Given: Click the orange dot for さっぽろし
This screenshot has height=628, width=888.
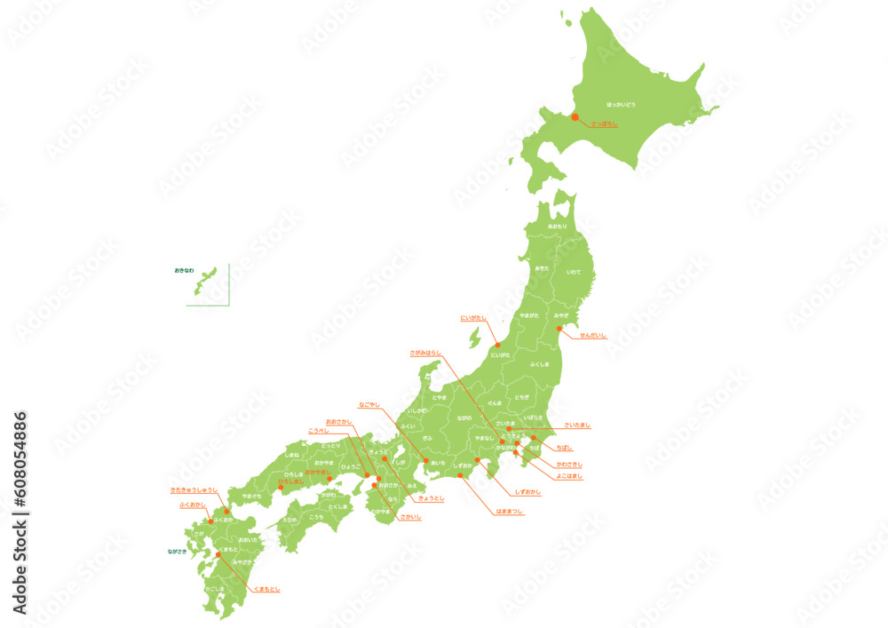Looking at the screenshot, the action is tap(575, 117).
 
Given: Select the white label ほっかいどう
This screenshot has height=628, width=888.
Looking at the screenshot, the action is tap(621, 105).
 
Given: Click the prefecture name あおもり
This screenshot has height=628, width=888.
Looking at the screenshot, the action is tap(557, 227).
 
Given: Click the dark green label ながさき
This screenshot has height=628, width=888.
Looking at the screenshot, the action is tap(178, 552).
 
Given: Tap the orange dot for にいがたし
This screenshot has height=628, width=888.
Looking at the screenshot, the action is tap(497, 346).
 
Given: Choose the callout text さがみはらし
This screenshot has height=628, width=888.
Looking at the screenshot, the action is tap(425, 353).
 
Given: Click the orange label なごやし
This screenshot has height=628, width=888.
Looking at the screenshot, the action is tap(369, 404).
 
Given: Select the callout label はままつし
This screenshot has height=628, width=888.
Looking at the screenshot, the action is tap(510, 512).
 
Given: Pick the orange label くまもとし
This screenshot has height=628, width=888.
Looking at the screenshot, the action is tap(267, 589).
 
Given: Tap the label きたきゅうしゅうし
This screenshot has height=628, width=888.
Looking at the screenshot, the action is tap(194, 489).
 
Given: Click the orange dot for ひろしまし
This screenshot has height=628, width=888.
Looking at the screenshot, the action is tap(281, 487).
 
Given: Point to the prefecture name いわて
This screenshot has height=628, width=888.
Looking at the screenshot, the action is tap(573, 272).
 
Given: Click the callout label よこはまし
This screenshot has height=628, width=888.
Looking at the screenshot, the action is tap(569, 476).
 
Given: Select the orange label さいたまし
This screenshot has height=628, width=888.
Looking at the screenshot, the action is tap(577, 425).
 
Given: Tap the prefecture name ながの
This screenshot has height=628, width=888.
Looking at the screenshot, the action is tap(464, 417).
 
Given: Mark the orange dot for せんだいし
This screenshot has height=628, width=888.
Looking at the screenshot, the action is tap(559, 329).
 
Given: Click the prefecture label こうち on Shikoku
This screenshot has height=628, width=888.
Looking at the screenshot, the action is tap(316, 517).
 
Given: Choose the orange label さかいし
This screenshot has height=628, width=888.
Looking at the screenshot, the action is tap(410, 516).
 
